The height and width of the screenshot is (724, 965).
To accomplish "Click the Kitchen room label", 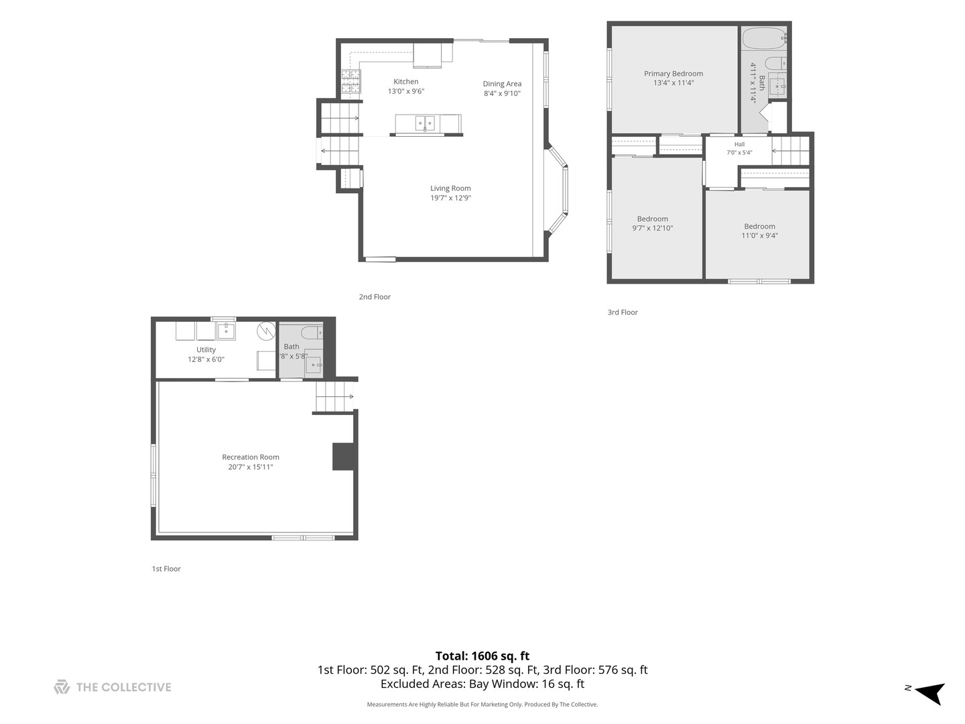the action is [x=405, y=81].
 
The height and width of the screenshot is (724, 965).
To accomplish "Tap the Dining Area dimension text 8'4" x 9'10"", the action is [x=502, y=93].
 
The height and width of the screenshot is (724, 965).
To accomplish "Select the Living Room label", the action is [x=450, y=188].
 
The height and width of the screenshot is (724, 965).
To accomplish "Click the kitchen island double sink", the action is [x=425, y=123].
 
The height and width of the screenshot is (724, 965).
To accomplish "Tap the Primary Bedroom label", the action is [x=673, y=74].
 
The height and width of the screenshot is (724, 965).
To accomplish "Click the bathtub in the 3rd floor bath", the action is [x=764, y=39].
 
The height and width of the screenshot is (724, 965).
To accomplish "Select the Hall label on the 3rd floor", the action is [x=739, y=144].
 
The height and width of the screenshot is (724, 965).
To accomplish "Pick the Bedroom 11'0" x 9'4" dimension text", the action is [x=759, y=235].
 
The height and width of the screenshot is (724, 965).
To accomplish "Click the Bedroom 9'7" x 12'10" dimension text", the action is [x=652, y=228].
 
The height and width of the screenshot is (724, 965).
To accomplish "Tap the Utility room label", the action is [x=206, y=349].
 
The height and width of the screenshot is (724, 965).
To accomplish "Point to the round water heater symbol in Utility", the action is [x=267, y=331].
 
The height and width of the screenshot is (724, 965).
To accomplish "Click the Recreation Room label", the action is [x=250, y=457].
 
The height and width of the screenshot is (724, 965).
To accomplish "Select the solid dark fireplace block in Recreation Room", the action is [x=343, y=457].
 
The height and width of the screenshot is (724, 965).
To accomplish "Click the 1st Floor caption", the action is [x=166, y=569].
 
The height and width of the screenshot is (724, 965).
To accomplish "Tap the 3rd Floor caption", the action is [x=622, y=312].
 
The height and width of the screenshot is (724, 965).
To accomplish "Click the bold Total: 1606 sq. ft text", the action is [x=482, y=656].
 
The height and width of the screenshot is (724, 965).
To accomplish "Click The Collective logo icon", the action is [x=62, y=687].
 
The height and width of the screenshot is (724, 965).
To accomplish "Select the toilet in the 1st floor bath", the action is [x=312, y=333].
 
